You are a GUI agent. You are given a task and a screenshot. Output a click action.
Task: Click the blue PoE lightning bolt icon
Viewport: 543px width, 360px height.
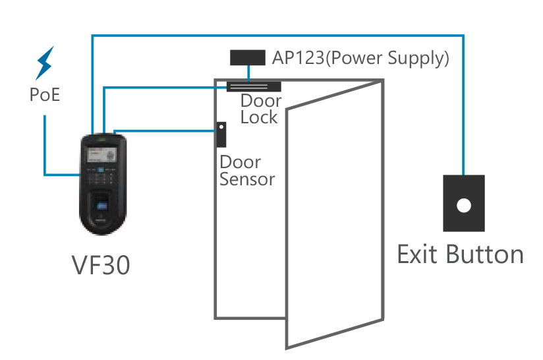pos(44,63)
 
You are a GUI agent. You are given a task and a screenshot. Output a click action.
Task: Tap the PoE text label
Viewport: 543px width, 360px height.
pos(45,96)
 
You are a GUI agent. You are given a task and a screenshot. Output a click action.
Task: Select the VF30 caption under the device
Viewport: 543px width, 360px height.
pos(100,266)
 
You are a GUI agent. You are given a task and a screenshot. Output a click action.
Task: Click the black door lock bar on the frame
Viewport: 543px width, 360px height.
pos(254,86)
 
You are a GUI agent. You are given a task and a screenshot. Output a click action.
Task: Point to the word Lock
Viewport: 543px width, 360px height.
pos(259,117)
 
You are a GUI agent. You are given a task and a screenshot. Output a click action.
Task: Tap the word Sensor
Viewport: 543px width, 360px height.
pos(246,179)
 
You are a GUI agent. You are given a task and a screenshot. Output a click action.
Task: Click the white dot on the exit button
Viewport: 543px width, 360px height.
pos(464,205)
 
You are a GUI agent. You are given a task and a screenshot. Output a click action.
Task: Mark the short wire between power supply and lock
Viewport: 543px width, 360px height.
pos(248,73)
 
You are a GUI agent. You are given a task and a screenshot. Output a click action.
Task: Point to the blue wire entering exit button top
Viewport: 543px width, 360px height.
pos(464,165)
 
